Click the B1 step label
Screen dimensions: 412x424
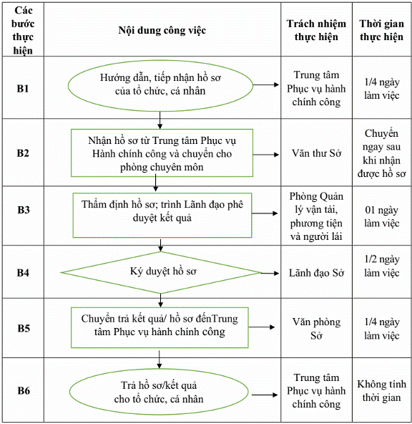[23, 88]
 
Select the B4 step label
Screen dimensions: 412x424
[23, 273]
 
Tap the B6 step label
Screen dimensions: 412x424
[23, 390]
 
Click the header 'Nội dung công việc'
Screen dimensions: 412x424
[162, 30]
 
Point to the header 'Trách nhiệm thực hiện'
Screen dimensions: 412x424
[316, 30]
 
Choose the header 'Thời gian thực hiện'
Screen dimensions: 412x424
[381, 30]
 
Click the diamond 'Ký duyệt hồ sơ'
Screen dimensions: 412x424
[161, 272]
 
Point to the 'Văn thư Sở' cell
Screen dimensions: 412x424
[316, 153]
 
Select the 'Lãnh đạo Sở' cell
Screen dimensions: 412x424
[316, 273]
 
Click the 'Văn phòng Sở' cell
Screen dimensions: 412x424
[316, 329]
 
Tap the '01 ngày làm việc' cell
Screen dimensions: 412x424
[381, 216]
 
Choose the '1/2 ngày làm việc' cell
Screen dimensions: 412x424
[381, 266]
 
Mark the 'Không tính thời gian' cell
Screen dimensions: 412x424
[381, 391]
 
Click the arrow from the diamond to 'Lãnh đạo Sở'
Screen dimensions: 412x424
[270, 273]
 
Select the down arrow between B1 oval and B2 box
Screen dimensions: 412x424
[160, 120]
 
